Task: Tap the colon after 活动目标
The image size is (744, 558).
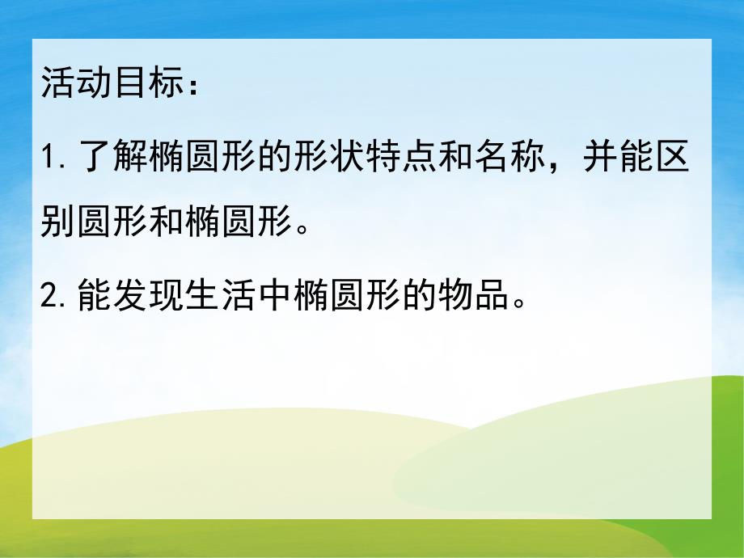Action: [191, 87]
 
